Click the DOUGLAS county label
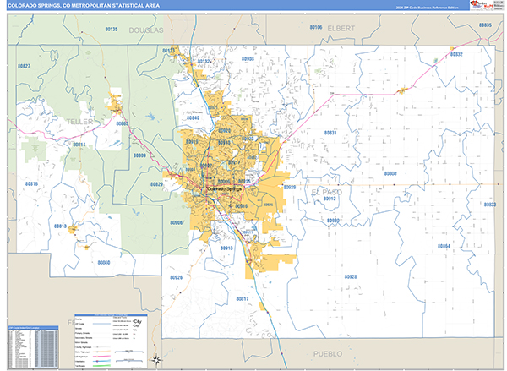coord(144,30)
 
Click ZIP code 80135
coord(112,29)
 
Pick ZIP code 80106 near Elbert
coord(315,27)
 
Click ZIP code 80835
coord(484,25)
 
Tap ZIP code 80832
coord(456,53)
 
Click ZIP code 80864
coord(444,245)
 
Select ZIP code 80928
coord(350,276)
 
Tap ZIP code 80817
coord(243,298)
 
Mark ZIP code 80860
coord(104,262)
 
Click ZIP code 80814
coord(79,145)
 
